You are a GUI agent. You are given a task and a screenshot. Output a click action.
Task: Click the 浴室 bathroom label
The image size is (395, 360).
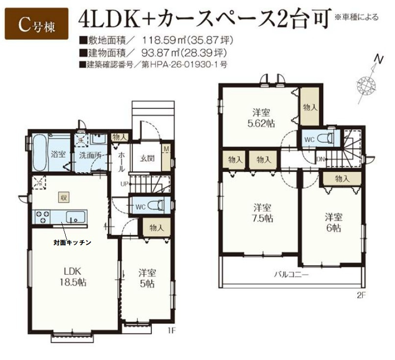coord(58,154)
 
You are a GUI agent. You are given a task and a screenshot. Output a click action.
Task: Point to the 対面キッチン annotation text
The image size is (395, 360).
coord(73,242)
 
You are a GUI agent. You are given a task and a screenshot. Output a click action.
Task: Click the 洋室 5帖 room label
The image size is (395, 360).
coord(147,278)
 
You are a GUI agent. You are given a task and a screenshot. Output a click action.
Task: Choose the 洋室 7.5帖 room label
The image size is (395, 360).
coord(260,213)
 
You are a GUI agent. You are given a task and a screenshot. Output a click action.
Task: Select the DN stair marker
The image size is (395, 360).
coord(321,159)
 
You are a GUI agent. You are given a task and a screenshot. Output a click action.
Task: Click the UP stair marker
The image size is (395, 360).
coord(125,184)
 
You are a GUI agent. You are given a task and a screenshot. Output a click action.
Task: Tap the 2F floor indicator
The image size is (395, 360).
coord(362,295)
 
